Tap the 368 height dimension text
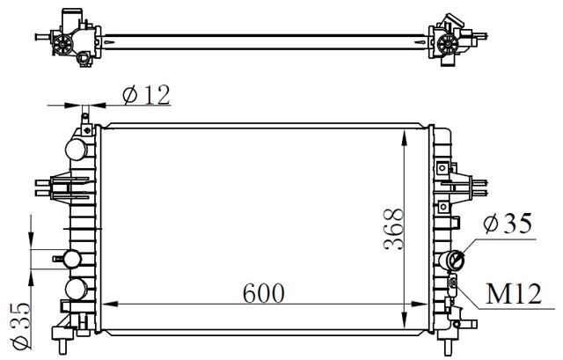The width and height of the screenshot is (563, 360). pos(392,231)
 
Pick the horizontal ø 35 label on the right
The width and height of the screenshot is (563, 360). pos(509,224)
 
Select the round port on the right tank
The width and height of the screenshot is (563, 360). pos(456,260)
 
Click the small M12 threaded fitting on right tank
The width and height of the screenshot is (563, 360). pos(454,282)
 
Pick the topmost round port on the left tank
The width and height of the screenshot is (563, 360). pos(78,147)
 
